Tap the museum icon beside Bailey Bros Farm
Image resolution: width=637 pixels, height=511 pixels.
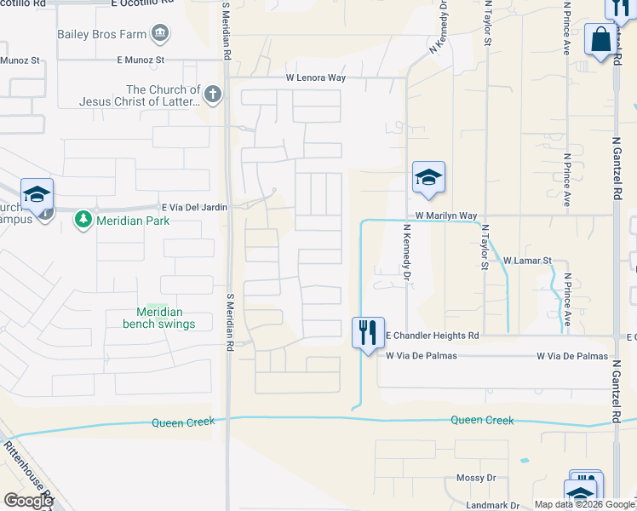(159, 34)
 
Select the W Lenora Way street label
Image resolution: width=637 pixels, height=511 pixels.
(315, 78)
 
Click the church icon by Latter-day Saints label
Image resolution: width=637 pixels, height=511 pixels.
(212, 95)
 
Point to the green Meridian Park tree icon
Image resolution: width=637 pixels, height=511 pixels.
(83, 221)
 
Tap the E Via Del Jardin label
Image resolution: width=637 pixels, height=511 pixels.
(195, 207)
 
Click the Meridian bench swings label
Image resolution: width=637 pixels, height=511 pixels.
(158, 318)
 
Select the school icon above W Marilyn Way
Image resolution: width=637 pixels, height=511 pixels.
(428, 177)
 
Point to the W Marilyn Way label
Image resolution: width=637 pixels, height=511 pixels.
(446, 216)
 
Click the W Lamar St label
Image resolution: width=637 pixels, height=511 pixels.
(528, 261)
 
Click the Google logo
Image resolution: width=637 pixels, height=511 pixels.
(27, 501)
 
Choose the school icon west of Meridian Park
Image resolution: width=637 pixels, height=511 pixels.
(37, 195)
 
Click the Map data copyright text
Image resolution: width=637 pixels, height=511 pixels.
(585, 504)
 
